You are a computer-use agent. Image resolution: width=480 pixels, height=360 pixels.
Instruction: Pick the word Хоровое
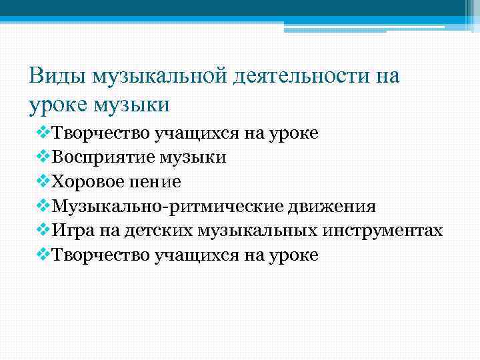click(x=88, y=182)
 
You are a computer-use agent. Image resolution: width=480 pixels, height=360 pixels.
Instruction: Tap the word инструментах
click(x=384, y=231)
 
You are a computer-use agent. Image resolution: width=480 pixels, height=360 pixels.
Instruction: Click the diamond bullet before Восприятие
click(x=43, y=157)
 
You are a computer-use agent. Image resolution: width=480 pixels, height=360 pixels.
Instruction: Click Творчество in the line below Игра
click(x=101, y=255)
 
